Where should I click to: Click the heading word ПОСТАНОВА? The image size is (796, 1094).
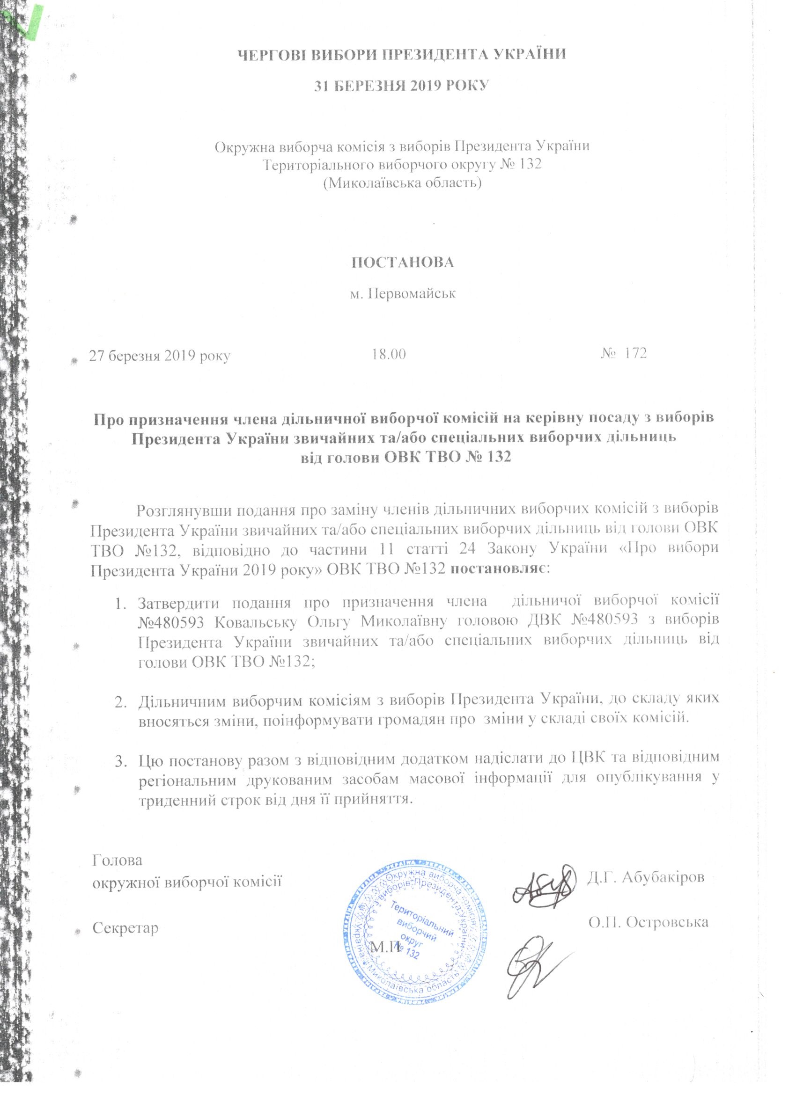(402, 262)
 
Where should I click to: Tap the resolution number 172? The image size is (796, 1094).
(635, 353)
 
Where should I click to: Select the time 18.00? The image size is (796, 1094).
(389, 354)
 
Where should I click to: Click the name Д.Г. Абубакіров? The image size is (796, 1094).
(645, 876)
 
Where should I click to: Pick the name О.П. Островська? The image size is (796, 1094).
(648, 922)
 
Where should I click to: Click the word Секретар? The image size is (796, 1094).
(125, 928)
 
